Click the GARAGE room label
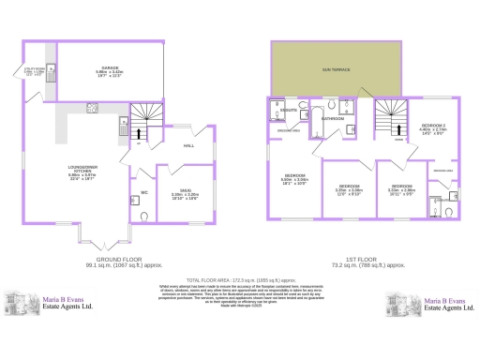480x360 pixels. (111, 67)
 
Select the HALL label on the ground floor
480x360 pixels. (187, 146)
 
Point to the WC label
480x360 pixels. (143, 193)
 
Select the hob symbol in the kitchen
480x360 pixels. (93, 107)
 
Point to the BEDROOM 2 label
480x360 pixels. (432, 125)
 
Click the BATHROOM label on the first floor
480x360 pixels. (334, 120)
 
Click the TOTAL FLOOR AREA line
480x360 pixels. (241, 280)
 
